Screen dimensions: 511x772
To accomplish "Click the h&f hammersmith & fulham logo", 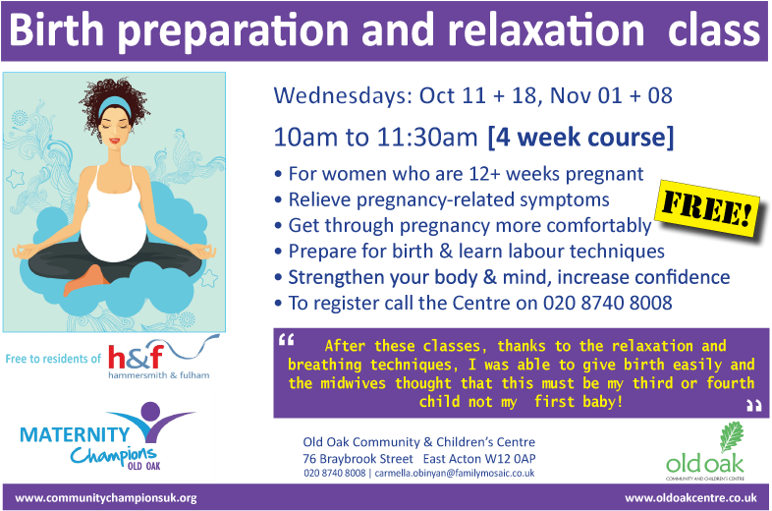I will pyautogui.click(x=166, y=359).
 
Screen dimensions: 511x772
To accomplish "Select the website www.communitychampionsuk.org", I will pyautogui.click(x=106, y=497).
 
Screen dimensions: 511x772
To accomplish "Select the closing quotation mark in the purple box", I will pyautogui.click(x=752, y=405).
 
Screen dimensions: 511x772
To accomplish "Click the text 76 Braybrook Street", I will pyautogui.click(x=358, y=458).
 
